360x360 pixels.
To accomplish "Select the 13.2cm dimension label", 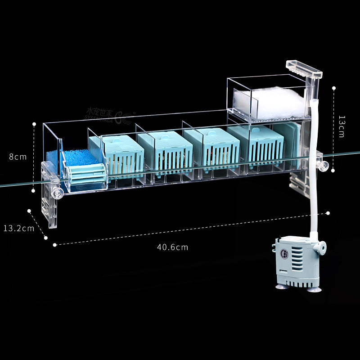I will pyautogui.click(x=18, y=228).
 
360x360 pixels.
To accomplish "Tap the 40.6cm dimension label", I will pyautogui.click(x=172, y=247).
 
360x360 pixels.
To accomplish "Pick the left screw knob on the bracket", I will pyautogui.click(x=57, y=194).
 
